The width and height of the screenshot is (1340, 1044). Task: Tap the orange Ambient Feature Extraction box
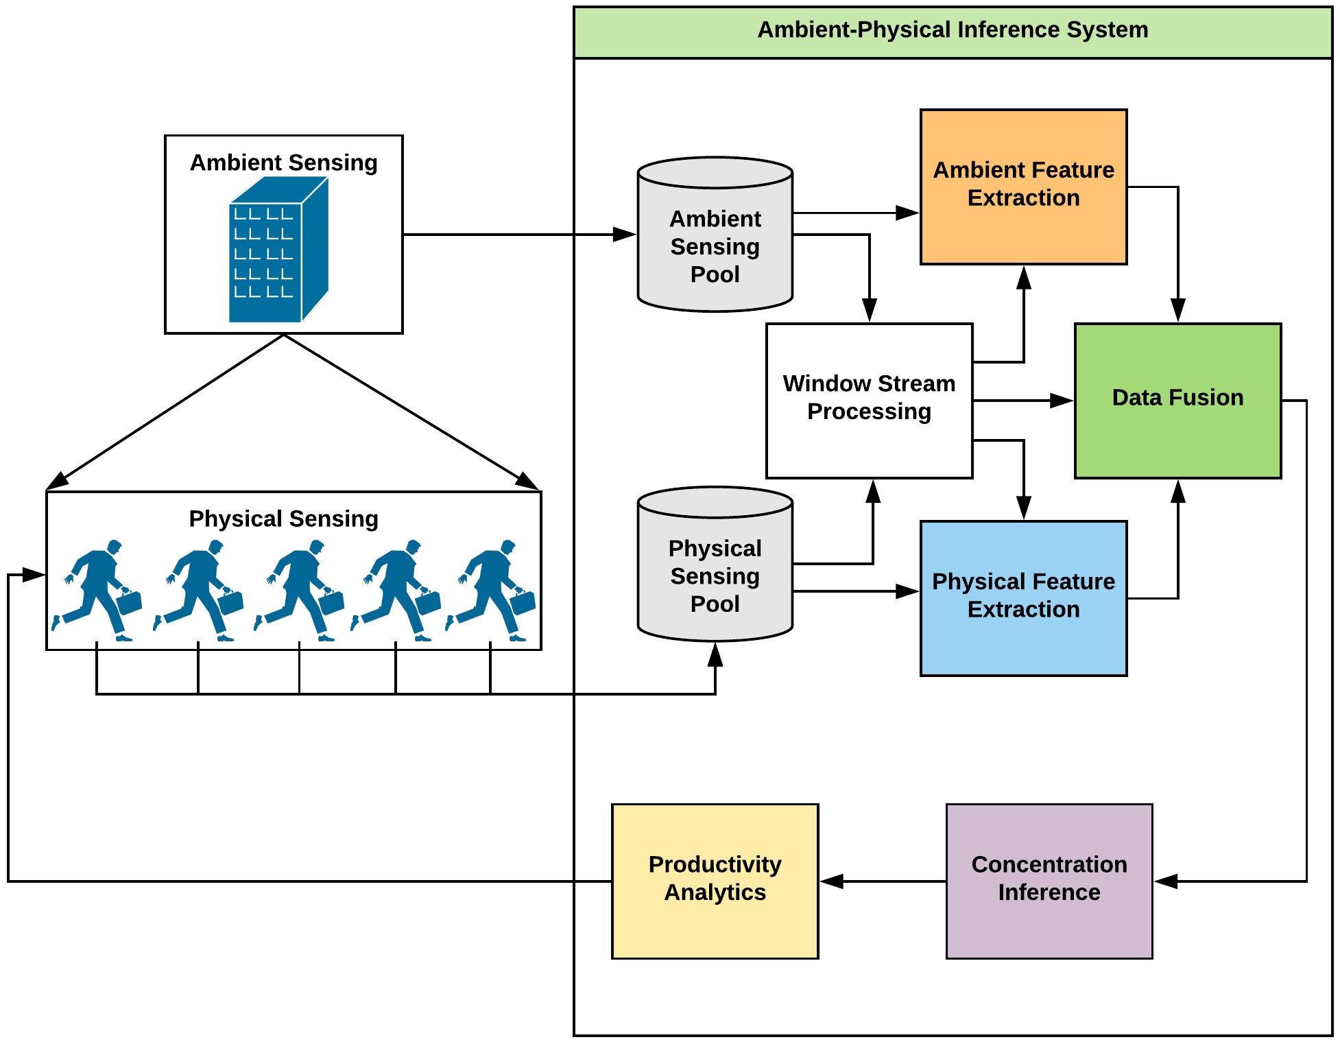click(1023, 187)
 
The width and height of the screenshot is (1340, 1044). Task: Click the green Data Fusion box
click(1177, 401)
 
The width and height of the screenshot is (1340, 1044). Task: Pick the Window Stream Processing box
click(869, 401)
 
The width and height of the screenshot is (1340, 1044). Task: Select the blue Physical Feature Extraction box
click(1023, 598)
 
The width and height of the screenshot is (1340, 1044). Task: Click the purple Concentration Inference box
click(1049, 881)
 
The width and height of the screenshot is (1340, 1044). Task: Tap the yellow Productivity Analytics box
click(715, 881)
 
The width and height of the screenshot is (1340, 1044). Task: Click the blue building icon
click(278, 250)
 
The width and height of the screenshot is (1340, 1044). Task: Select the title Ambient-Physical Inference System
click(953, 30)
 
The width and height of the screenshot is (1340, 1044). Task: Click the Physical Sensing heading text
click(283, 519)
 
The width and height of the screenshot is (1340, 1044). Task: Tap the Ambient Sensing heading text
click(283, 163)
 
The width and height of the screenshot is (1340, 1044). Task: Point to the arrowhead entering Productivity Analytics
click(831, 881)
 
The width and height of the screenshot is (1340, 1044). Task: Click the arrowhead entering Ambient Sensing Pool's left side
click(625, 235)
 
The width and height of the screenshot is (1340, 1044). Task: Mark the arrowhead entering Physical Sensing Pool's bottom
click(715, 654)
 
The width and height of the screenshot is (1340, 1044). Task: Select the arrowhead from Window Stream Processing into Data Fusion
click(1062, 401)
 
